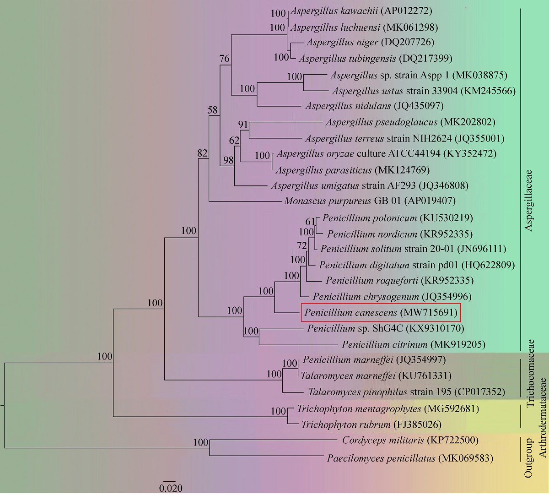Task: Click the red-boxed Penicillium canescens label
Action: [x=381, y=313]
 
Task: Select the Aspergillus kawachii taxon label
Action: [x=361, y=11]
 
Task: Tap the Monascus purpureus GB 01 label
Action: [x=370, y=201]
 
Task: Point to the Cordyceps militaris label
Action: [x=410, y=440]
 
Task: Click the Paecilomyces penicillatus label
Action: [x=409, y=458]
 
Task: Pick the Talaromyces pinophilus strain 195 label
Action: [x=406, y=392]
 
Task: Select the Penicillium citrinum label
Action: [x=414, y=344]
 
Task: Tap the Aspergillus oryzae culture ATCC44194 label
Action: [x=386, y=153]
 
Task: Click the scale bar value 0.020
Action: [x=171, y=488]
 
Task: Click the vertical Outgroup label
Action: [x=529, y=458]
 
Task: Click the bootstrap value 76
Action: [x=224, y=59]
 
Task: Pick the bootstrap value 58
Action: [x=213, y=110]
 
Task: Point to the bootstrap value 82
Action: [x=202, y=153]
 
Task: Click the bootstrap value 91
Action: [x=243, y=125]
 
